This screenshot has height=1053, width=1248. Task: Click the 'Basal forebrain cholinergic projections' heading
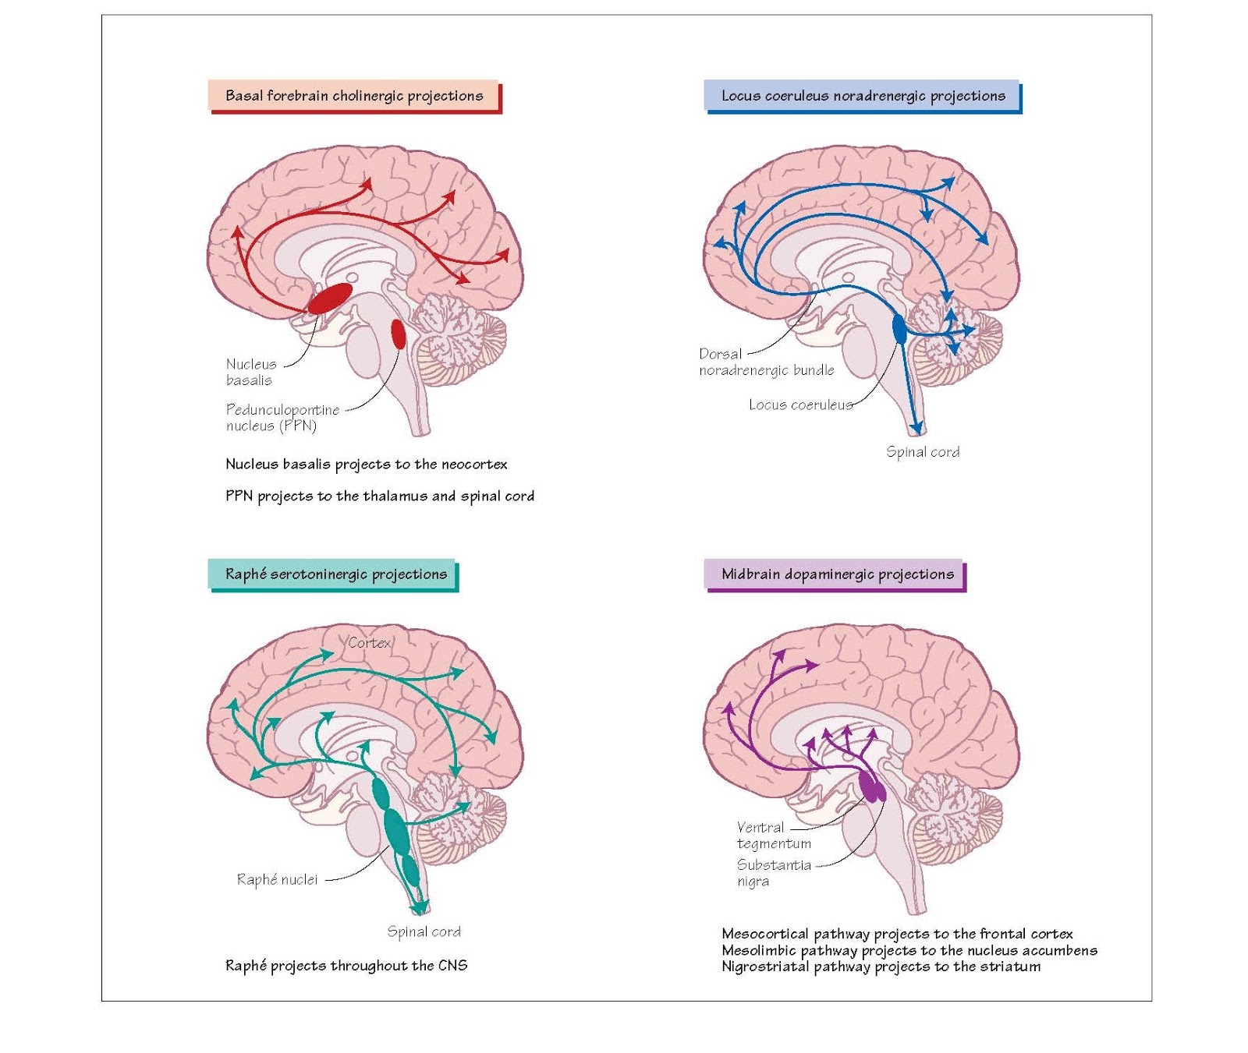pos(353,96)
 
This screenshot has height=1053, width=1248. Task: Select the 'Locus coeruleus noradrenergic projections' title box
pos(862,96)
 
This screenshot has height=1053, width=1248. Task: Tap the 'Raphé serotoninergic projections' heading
pos(335,574)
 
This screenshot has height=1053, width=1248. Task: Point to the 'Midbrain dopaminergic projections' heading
pos(836,574)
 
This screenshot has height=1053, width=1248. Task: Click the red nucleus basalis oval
pos(330,299)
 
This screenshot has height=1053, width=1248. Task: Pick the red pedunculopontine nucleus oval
pos(398,334)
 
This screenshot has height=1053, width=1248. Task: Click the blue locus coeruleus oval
pos(899,329)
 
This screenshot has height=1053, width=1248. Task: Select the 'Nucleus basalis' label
pos(250,372)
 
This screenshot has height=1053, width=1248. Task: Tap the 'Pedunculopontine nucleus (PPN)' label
pos(282,417)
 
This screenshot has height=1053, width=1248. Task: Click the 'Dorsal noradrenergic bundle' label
pos(766,362)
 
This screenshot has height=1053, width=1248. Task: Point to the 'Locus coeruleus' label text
pos(800,405)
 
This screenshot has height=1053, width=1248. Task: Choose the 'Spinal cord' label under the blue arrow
pos(923,452)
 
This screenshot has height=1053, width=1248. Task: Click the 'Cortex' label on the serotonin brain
pos(369,643)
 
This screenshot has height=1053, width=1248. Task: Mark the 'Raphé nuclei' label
pos(277,879)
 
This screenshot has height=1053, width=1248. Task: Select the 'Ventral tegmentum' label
pos(773,835)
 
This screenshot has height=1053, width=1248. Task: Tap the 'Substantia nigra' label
pos(773,873)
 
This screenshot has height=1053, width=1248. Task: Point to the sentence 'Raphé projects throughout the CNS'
pos(346,966)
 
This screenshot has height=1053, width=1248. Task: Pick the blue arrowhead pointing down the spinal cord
pos(916,429)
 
